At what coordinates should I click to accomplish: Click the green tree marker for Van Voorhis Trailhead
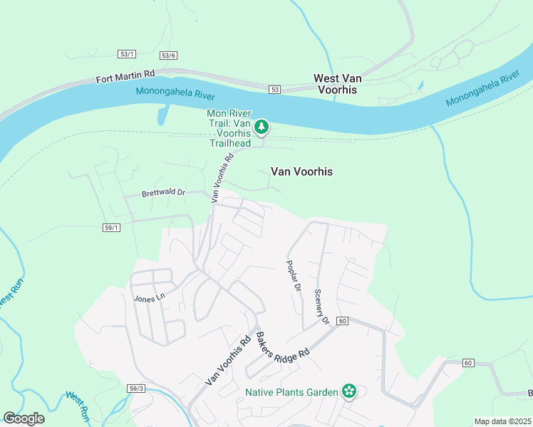[262, 127]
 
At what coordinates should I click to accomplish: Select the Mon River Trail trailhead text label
[229, 128]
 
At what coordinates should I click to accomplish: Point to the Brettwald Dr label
[163, 193]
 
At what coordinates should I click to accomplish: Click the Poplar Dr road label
[294, 275]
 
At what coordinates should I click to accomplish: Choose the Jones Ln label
[149, 299]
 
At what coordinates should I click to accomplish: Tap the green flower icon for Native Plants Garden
[348, 391]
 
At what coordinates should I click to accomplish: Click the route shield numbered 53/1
[127, 54]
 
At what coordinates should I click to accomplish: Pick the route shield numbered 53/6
[169, 56]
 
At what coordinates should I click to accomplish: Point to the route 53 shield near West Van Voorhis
[275, 90]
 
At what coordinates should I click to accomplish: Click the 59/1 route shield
[112, 228]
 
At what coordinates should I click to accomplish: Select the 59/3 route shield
[137, 389]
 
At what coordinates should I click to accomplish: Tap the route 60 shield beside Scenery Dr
[342, 321]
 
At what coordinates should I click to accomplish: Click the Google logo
[24, 418]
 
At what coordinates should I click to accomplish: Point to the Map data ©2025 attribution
[502, 421]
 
